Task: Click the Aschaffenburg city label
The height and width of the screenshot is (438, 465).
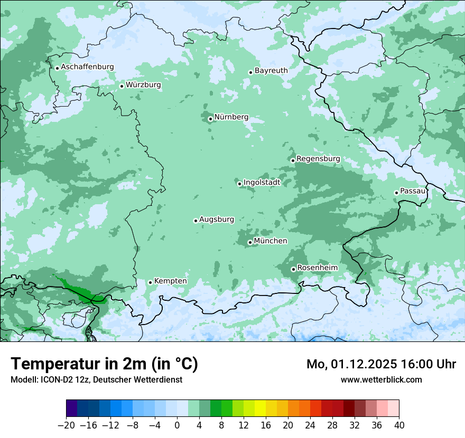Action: tap(87, 67)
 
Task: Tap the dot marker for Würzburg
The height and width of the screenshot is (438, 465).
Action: tap(122, 86)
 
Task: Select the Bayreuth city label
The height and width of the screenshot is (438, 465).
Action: tap(271, 71)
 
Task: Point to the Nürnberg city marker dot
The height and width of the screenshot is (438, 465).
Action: tap(210, 119)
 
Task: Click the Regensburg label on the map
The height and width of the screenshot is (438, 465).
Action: tap(318, 159)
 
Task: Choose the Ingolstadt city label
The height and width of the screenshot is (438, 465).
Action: tap(262, 183)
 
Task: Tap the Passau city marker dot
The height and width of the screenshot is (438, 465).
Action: tap(396, 193)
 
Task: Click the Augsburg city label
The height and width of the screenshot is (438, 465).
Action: tap(217, 220)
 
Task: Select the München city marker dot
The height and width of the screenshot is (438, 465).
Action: tap(250, 243)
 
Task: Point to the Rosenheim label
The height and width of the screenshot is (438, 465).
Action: tap(317, 268)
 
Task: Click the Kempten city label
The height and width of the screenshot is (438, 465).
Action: tap(170, 281)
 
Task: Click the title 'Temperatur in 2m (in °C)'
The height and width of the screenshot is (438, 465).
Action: tap(104, 364)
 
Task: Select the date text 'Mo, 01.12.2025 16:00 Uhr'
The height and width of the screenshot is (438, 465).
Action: tap(381, 364)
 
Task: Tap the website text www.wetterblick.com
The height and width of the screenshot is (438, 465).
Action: tap(381, 379)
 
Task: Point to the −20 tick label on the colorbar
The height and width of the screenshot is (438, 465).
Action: tap(66, 425)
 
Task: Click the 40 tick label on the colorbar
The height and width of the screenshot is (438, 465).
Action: tap(399, 425)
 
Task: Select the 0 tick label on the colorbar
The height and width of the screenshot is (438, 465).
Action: tap(177, 425)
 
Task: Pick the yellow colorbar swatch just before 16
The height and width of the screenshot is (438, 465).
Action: tap(260, 408)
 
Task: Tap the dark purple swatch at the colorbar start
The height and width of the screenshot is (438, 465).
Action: tap(72, 408)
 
